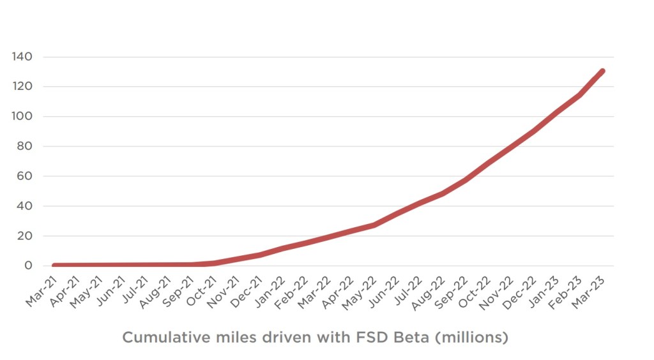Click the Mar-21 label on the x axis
[41, 290]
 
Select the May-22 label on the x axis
[360, 290]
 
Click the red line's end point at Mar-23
[602, 71]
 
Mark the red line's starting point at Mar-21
[55, 265]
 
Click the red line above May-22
[374, 225]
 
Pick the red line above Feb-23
[579, 95]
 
